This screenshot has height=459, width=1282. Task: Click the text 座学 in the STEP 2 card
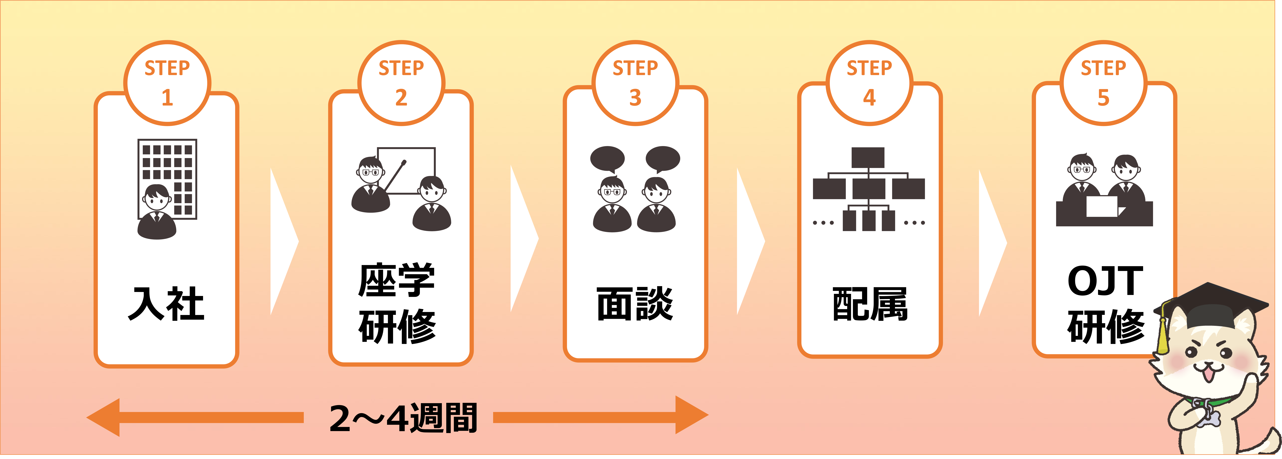(x=397, y=280)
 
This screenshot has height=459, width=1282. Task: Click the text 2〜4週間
(x=403, y=418)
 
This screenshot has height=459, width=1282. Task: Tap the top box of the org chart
(x=868, y=157)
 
